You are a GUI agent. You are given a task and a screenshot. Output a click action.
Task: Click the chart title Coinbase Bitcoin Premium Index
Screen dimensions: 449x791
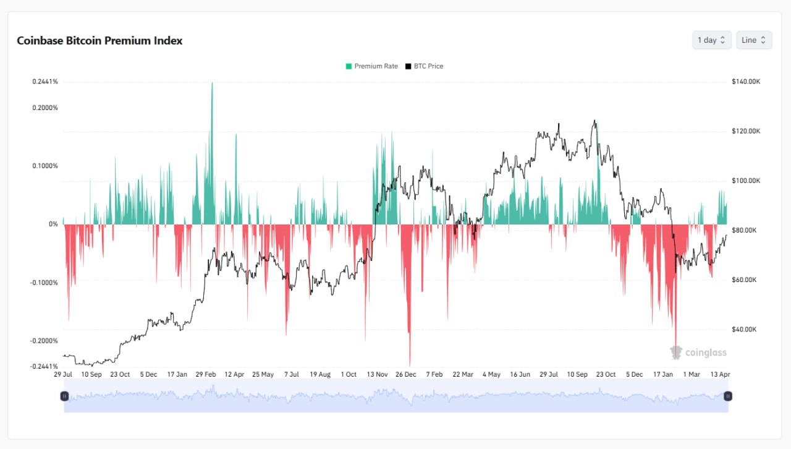click(99, 41)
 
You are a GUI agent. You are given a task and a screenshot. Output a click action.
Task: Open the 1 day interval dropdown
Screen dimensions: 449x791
click(712, 40)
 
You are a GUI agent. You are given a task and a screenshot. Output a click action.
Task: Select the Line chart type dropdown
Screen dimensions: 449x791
click(753, 40)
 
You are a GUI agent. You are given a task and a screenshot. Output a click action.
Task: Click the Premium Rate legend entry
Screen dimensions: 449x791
click(372, 66)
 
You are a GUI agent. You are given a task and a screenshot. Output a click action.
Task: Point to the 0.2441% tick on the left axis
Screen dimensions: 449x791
click(45, 82)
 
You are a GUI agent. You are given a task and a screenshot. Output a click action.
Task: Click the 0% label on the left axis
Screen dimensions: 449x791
click(53, 224)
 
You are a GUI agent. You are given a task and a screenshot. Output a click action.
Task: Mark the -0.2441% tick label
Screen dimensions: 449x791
click(44, 366)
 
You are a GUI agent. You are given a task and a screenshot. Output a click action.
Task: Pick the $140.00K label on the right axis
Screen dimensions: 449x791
click(745, 82)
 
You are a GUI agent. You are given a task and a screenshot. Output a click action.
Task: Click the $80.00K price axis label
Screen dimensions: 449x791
click(744, 230)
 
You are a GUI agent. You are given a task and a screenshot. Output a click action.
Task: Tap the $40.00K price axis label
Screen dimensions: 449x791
click(744, 329)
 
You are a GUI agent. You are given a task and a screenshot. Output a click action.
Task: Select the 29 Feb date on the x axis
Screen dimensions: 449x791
click(206, 374)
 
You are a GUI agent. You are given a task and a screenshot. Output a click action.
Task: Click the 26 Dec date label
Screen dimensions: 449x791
click(406, 374)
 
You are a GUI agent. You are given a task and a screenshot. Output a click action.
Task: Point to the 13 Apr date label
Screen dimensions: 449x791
click(720, 374)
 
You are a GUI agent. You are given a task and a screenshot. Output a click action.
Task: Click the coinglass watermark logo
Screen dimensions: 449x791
click(698, 353)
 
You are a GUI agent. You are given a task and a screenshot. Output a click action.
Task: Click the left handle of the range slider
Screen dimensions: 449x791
click(64, 396)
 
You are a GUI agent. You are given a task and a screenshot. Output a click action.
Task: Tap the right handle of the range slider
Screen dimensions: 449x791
click(728, 396)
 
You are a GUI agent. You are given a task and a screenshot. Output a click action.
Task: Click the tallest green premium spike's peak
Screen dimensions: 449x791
click(212, 83)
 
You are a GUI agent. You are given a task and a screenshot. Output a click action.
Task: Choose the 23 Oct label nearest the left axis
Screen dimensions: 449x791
click(120, 374)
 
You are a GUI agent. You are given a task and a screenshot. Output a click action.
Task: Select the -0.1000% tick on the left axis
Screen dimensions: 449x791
click(45, 283)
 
